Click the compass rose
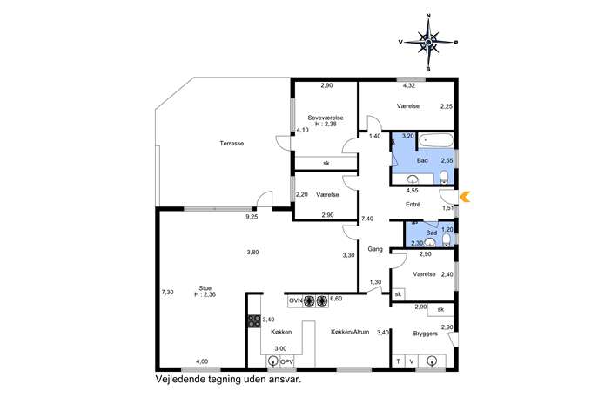pos(428,42)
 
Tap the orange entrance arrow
pos(465,198)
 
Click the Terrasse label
pos(232,144)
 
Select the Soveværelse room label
pos(326,118)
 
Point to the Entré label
pos(413,205)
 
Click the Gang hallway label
pos(375,249)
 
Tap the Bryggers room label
pos(426,334)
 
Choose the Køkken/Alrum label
pos(350,332)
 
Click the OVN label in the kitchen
pos(295,300)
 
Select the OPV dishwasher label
pos(286,361)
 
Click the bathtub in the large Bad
pos(434,140)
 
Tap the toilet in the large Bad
pos(444,177)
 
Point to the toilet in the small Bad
pos(447,239)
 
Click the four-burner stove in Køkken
pos(254,321)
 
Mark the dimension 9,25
pos(252,217)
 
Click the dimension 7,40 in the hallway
pos(367,219)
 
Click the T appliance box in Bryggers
pos(399,361)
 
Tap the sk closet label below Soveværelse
pos(326,164)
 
